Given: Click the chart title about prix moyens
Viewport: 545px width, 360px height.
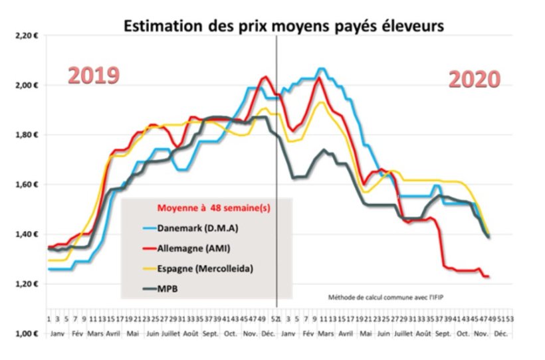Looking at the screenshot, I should coord(282,26).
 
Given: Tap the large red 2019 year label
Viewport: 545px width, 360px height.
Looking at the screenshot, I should coord(94,75).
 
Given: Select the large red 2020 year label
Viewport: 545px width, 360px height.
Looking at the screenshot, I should coord(473,80).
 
